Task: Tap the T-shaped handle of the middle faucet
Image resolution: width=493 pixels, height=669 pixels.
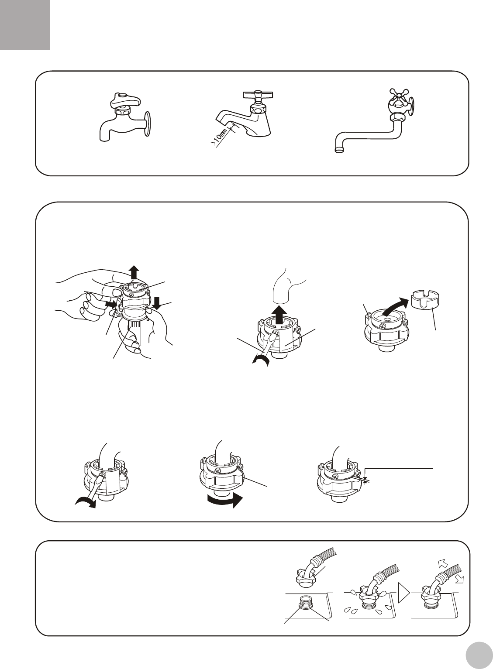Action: [258, 95]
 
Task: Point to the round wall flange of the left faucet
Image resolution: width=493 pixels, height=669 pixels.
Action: [148, 124]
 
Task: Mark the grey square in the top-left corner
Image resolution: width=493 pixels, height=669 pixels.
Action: [25, 25]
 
